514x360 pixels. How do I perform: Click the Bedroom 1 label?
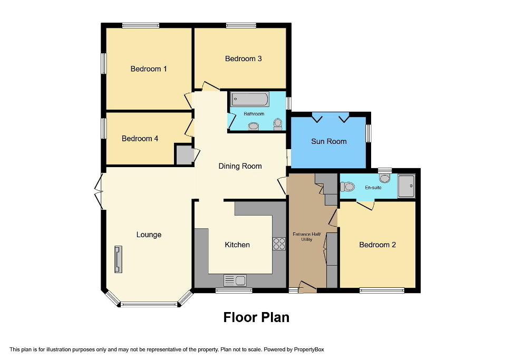click(149, 69)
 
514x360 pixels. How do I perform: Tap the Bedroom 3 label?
click(243, 59)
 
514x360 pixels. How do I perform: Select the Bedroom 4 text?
click(140, 139)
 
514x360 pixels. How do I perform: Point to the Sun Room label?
click(329, 141)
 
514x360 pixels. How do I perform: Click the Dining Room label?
click(240, 166)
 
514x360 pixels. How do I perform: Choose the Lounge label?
click(149, 235)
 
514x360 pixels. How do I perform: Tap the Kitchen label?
click(237, 245)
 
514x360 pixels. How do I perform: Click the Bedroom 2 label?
click(377, 245)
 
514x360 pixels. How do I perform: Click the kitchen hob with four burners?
click(279, 244)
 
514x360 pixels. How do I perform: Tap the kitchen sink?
click(235, 280)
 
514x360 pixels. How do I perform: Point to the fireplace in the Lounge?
click(118, 259)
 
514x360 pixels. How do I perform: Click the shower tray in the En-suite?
click(406, 186)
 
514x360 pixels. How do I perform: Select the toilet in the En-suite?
click(347, 187)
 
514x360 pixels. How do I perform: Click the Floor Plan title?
click(256, 317)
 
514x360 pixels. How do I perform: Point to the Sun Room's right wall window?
click(368, 133)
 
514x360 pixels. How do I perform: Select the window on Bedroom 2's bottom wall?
click(382, 289)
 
